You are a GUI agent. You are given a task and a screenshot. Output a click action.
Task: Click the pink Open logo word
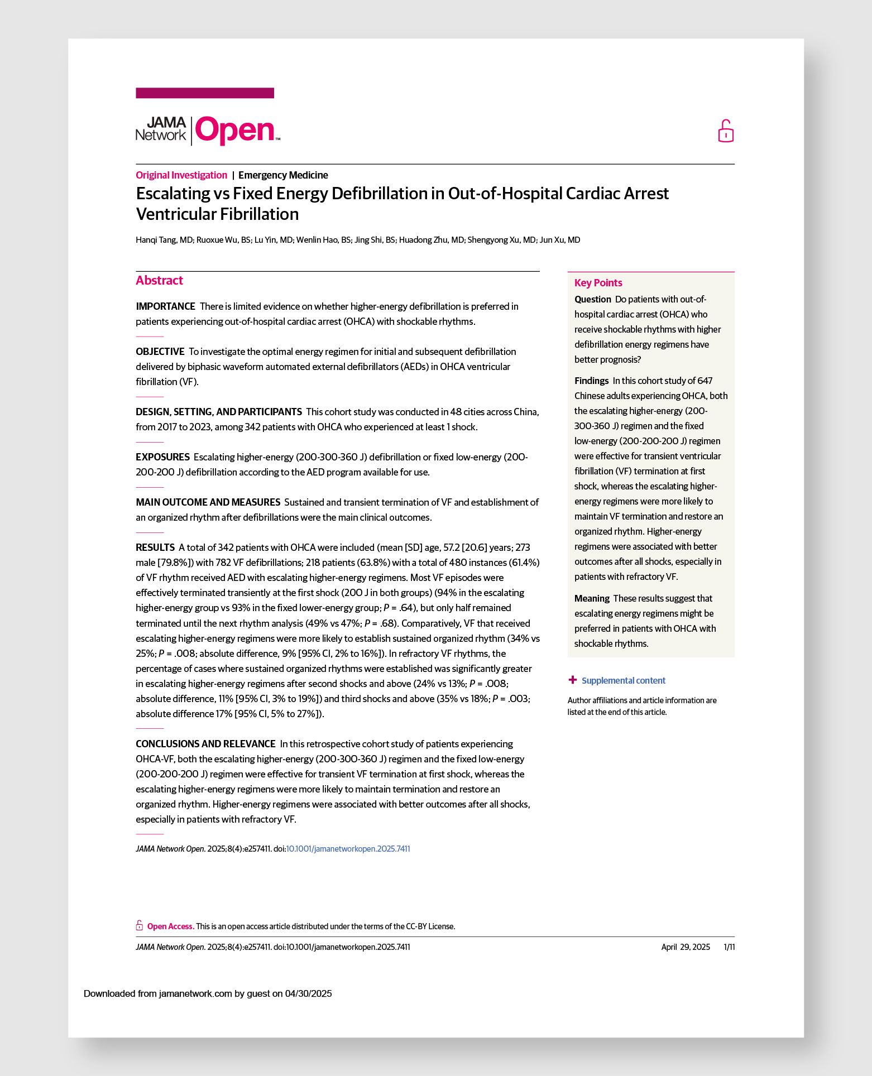click(x=236, y=131)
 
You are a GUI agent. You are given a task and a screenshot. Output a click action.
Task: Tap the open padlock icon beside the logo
click(x=725, y=131)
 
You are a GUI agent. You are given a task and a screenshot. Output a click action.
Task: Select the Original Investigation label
click(x=181, y=175)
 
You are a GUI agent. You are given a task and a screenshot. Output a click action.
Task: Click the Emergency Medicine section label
click(x=283, y=175)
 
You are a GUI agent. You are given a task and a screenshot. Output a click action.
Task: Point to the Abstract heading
click(x=159, y=281)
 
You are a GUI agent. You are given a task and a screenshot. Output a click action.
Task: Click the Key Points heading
click(x=598, y=283)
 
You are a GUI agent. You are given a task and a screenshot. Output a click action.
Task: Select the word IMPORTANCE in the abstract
click(x=165, y=306)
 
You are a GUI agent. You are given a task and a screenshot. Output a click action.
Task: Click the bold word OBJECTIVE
click(x=160, y=352)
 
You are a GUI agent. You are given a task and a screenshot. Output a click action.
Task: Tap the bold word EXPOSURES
click(x=162, y=457)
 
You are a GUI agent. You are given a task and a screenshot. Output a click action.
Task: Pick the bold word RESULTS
click(x=155, y=547)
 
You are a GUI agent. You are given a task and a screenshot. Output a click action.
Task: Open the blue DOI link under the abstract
click(x=348, y=849)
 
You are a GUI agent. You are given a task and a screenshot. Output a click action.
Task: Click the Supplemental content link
click(x=623, y=680)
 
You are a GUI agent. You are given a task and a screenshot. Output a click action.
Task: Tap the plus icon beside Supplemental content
click(x=572, y=680)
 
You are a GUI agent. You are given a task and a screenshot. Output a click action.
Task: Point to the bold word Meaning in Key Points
click(x=592, y=598)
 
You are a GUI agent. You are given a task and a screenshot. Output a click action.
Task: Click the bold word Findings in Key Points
click(x=591, y=381)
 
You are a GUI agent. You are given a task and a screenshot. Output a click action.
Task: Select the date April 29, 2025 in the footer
click(x=686, y=947)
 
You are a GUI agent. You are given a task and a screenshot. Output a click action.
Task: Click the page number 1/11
click(x=729, y=947)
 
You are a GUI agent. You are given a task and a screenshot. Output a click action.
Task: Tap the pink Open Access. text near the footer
click(x=171, y=926)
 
